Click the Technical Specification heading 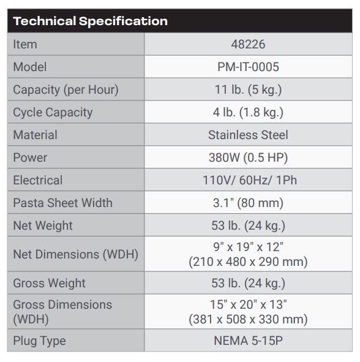90,21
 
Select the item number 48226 248,45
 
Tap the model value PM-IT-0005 248,67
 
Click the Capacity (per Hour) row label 66,89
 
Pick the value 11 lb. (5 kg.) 248,89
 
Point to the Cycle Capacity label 53,112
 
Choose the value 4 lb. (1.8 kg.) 248,112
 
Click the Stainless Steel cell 248,135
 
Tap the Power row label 30,157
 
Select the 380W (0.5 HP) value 248,157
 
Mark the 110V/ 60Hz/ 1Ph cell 248,180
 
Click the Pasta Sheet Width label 62,203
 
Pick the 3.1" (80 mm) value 248,203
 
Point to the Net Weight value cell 248,225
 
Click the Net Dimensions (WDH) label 75,254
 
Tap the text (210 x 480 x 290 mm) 248,262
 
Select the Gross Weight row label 49,283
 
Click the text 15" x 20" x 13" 248,304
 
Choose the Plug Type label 39,341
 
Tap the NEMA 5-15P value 248,341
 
